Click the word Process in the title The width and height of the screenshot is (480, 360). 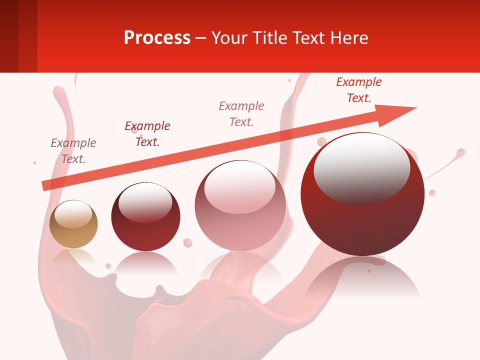(157, 38)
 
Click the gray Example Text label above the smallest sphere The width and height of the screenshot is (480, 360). (73, 151)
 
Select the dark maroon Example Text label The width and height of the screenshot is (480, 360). (147, 134)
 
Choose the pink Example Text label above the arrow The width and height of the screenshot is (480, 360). (241, 113)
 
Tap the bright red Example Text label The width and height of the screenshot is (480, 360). (359, 90)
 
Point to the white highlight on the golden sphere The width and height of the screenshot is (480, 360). (73, 214)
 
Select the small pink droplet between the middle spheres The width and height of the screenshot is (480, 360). (188, 242)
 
